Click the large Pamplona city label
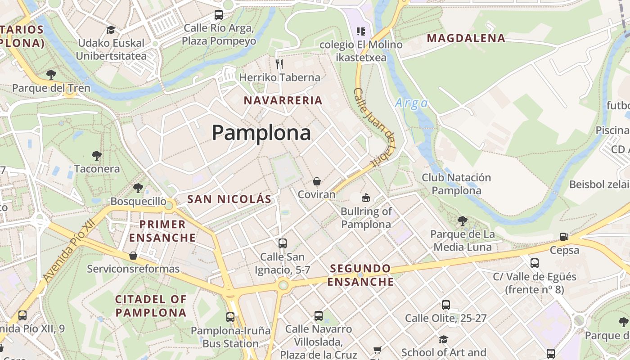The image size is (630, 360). [x=261, y=133]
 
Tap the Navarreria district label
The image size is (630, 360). [x=283, y=100]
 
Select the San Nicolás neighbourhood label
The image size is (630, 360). [x=229, y=199]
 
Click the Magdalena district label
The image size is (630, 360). [x=466, y=38]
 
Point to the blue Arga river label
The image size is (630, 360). [x=411, y=103]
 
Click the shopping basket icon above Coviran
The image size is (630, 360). [x=317, y=181]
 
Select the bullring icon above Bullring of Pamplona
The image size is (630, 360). [x=366, y=198]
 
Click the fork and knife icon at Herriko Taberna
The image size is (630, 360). [x=279, y=64]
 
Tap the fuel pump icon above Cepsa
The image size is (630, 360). [x=564, y=237]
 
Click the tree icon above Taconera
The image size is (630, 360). [x=96, y=156]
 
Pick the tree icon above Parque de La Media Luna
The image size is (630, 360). [x=462, y=221]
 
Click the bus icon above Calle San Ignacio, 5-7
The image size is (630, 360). [x=282, y=243]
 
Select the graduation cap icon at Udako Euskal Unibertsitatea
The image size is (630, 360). [x=111, y=30]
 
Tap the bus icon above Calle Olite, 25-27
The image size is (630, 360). [x=445, y=305]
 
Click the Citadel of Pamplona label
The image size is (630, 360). [x=151, y=306]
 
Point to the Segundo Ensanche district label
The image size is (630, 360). [x=360, y=275]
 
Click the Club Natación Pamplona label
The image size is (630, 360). [x=456, y=184]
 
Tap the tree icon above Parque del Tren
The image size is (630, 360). [x=51, y=74]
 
